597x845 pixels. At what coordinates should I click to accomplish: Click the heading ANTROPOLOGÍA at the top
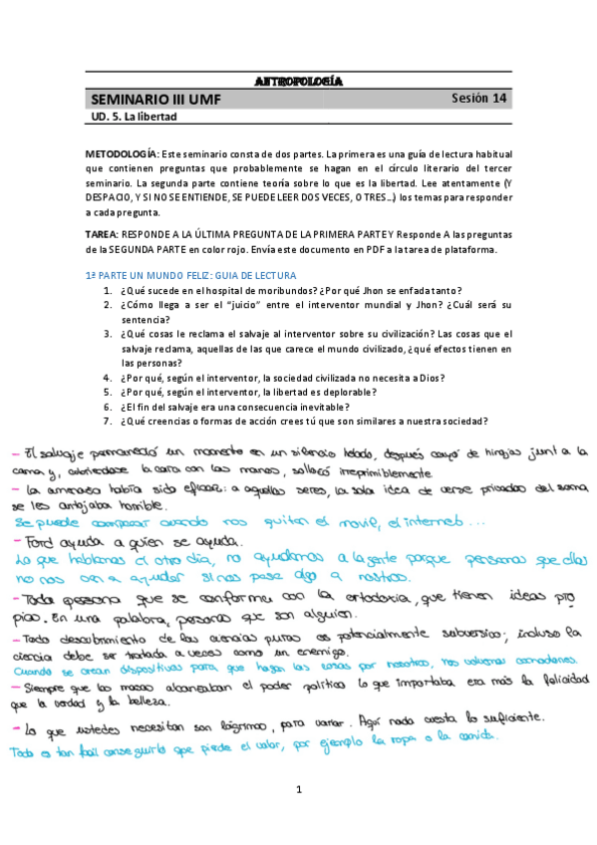point(298,80)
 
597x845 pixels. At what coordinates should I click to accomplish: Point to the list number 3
point(108,334)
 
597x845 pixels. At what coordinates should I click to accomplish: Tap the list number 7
point(108,422)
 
